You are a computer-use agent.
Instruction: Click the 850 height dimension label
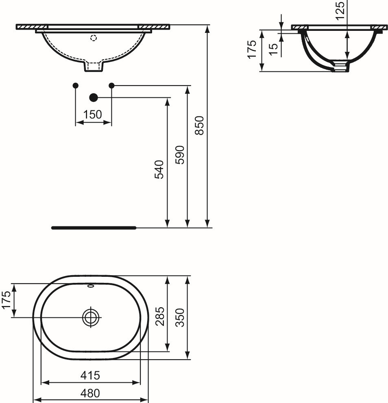pos(199,125)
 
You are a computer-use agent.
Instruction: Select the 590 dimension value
pos(180,155)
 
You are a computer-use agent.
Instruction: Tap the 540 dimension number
pos(159,169)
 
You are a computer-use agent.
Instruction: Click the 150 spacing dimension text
pos(93,114)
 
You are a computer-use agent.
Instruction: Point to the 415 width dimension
pos(90,375)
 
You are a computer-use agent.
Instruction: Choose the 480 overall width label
pos(90,393)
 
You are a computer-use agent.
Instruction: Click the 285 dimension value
pos(160,317)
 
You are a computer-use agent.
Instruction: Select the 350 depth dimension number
pos(180,317)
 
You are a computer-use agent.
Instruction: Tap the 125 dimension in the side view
pos(340,10)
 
